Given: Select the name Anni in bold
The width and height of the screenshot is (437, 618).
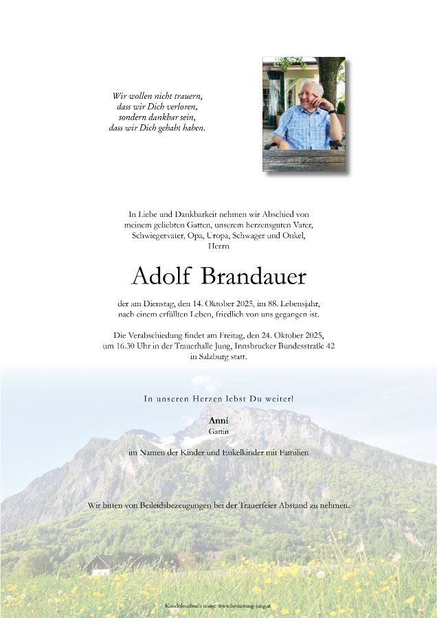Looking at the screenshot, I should point(218,420).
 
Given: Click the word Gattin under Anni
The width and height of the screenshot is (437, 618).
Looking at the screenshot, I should point(218,432).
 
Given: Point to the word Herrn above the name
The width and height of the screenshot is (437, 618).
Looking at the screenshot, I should point(218,246).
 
